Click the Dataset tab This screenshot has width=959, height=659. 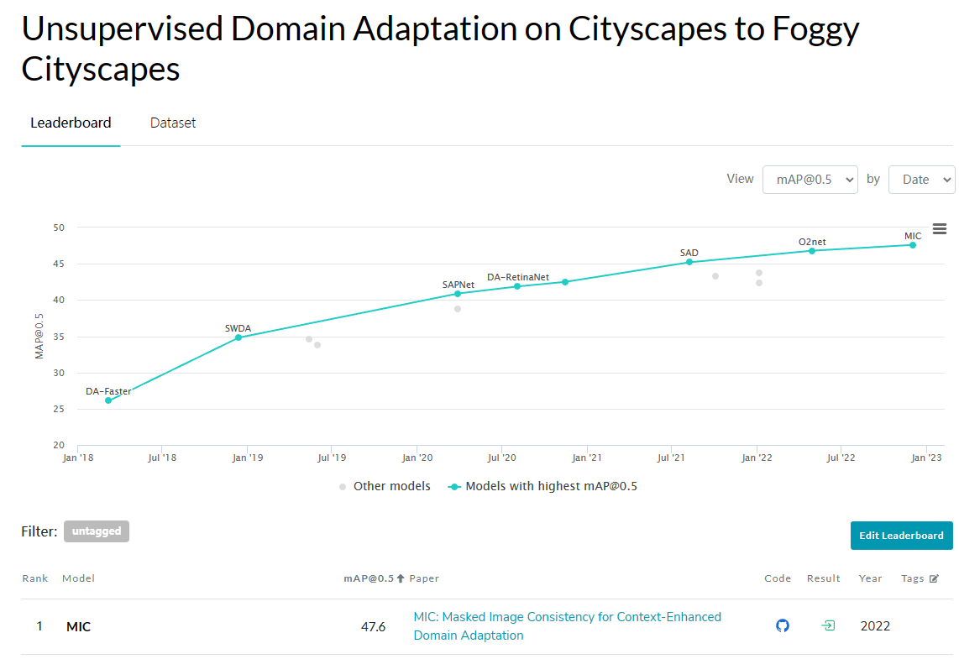tap(173, 123)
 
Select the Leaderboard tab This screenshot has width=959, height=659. tap(71, 123)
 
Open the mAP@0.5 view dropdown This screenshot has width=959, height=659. tap(810, 179)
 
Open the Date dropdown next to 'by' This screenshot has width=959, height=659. tap(921, 179)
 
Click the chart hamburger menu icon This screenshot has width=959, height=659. tap(940, 229)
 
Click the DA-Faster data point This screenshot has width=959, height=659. tap(108, 400)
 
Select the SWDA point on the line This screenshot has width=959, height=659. tap(238, 337)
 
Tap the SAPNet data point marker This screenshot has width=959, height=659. tap(458, 294)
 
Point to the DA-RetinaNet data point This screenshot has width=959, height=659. tap(517, 286)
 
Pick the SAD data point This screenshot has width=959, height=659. tap(689, 262)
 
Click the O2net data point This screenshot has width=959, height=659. tap(812, 251)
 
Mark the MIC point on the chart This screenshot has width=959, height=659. tap(913, 245)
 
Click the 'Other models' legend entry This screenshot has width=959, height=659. tap(385, 486)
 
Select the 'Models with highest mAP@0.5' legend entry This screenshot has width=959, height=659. tap(542, 486)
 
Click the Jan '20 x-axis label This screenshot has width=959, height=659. tap(417, 458)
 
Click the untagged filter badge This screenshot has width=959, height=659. tap(97, 531)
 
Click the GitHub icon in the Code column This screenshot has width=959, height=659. tap(783, 625)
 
